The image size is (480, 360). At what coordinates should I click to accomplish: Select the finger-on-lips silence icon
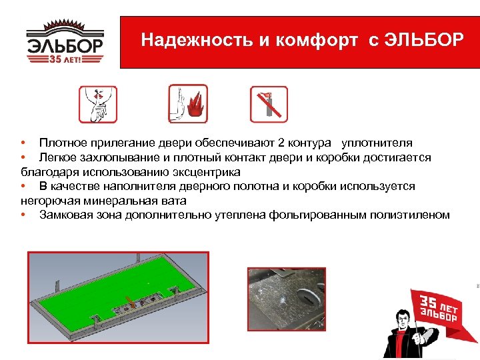tap(98, 103)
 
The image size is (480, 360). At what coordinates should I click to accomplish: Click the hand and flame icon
tap(188, 103)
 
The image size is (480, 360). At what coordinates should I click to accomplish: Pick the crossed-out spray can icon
tap(269, 104)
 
